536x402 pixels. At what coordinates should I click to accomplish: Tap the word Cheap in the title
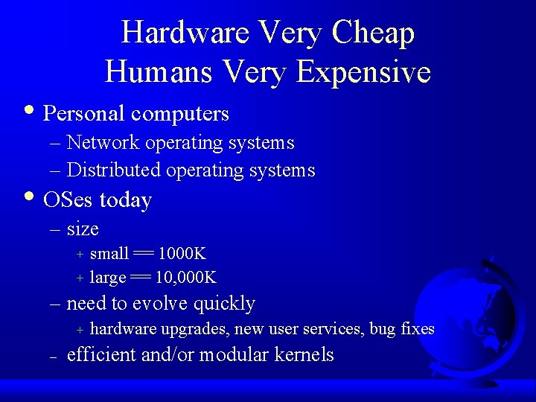tap(374, 33)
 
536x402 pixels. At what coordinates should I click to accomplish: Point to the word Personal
tap(84, 114)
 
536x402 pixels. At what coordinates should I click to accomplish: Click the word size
tap(83, 229)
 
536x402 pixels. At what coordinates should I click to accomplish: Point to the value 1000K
tap(182, 254)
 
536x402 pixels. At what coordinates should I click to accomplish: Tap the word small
tap(109, 254)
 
